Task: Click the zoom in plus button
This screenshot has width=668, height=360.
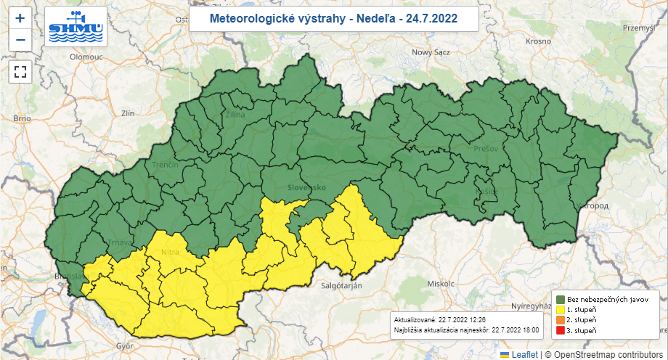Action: tap(20, 18)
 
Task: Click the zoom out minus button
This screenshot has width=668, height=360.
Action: tap(20, 39)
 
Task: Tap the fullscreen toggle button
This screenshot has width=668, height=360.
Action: tap(20, 71)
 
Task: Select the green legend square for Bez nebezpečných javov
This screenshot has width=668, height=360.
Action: tap(561, 298)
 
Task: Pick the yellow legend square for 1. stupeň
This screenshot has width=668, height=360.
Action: tap(561, 309)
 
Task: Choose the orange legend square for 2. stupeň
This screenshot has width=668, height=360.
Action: tap(561, 319)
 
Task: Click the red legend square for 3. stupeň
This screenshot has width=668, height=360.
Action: tap(561, 330)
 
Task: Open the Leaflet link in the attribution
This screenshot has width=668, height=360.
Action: tap(524, 354)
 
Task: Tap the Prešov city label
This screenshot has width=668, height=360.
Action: tap(485, 148)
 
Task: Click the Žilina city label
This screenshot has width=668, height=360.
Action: tap(235, 114)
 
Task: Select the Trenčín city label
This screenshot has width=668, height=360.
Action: tap(165, 165)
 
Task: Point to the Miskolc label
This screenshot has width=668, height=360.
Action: tap(441, 283)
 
